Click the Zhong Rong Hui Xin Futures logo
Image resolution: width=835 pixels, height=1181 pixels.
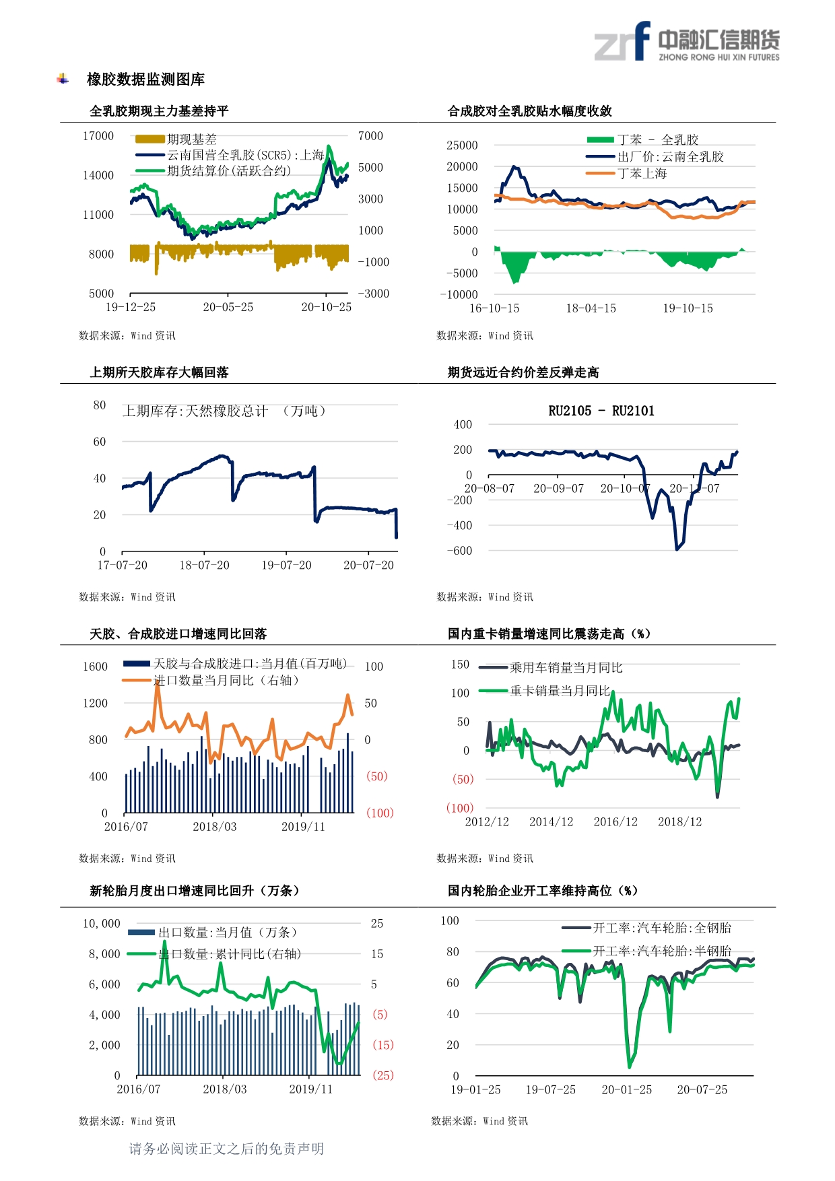click(x=687, y=42)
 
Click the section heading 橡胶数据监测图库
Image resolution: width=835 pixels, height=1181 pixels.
click(x=145, y=79)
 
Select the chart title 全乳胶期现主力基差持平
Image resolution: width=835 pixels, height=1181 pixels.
click(x=160, y=111)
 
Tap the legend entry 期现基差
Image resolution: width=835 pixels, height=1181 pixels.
click(x=192, y=139)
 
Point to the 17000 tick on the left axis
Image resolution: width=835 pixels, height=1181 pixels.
click(x=98, y=136)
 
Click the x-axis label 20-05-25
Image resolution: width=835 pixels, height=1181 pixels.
click(x=228, y=307)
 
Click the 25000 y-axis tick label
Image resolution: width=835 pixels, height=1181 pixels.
click(x=462, y=145)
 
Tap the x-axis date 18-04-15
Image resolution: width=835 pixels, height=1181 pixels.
click(x=591, y=308)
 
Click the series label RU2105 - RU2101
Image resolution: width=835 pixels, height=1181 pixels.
click(x=601, y=411)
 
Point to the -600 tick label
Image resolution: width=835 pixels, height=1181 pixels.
click(x=459, y=551)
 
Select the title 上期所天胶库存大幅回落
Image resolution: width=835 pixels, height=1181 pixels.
click(x=160, y=372)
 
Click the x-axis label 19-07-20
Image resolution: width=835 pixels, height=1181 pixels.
click(x=286, y=566)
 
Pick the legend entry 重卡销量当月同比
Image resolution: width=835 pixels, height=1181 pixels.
click(x=560, y=691)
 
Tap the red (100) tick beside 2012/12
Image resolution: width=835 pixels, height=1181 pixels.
click(x=460, y=808)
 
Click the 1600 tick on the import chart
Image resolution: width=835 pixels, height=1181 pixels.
click(x=95, y=667)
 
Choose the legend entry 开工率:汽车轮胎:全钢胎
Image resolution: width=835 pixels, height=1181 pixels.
click(x=661, y=928)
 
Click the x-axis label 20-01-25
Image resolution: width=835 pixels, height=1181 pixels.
click(x=626, y=1090)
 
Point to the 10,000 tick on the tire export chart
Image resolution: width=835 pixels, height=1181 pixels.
click(x=101, y=924)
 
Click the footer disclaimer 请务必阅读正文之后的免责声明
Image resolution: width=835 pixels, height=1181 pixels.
click(x=226, y=1149)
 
